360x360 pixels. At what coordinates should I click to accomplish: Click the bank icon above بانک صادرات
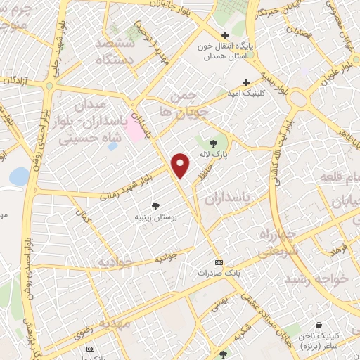click(218, 259)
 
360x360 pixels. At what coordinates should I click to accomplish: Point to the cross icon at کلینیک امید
click(246, 81)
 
